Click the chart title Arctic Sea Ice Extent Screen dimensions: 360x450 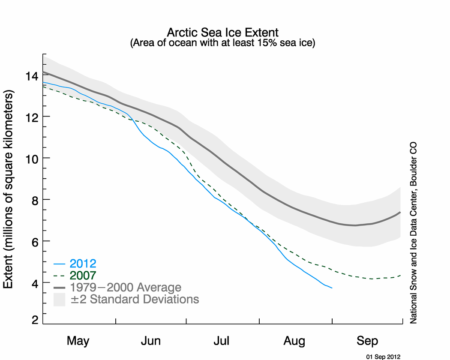point(222,33)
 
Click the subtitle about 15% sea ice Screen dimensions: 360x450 point(222,43)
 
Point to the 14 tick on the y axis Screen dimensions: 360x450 point(32,76)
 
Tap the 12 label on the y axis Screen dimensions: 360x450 point(32,117)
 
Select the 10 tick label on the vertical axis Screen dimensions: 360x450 point(32,158)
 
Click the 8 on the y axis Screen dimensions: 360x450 point(35,200)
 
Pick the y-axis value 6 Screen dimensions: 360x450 point(35,241)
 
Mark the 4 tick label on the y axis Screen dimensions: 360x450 point(35,283)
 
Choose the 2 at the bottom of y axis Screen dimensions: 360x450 point(35,320)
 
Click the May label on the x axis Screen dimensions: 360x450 point(78,341)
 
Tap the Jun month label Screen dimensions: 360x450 point(150,341)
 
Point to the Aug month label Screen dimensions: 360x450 point(295,341)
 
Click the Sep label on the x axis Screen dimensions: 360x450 point(367,341)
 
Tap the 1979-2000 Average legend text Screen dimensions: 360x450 point(126,287)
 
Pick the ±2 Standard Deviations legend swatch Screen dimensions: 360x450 point(59,299)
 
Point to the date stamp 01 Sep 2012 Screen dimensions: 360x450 point(383,356)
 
